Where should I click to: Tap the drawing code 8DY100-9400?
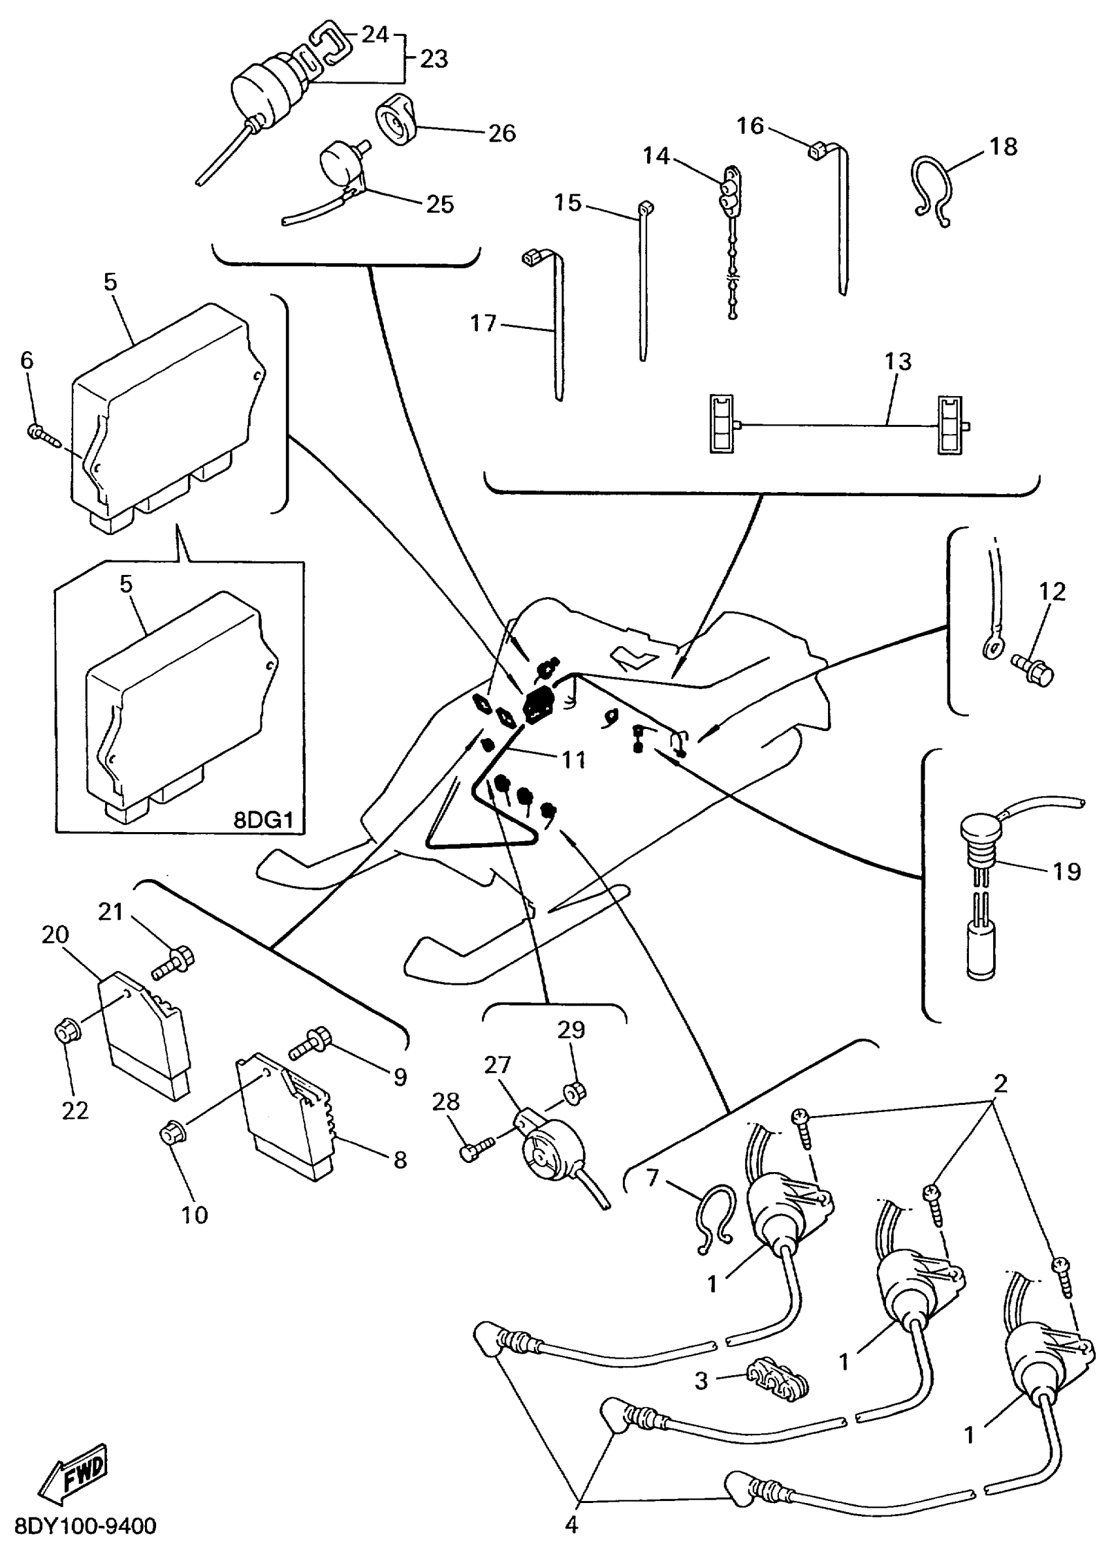(x=86, y=1526)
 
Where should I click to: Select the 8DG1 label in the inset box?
(x=263, y=820)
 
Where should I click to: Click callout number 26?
(x=501, y=133)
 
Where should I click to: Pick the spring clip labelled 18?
(x=932, y=190)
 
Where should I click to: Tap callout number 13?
(x=898, y=362)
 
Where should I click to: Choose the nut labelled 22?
(x=67, y=1033)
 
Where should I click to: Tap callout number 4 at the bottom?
(x=571, y=1525)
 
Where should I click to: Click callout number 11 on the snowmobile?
(x=573, y=760)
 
